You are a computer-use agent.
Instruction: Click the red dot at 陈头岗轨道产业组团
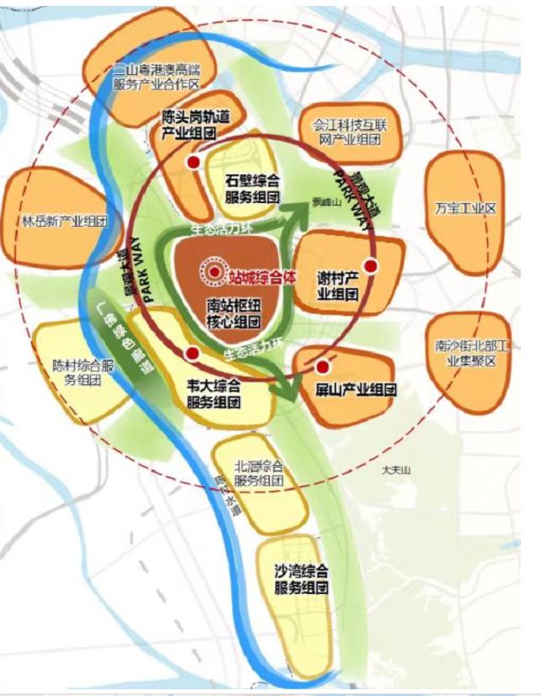pos(193,162)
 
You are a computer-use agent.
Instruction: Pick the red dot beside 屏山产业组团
pos(322,367)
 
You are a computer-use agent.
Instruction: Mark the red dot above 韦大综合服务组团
pos(193,354)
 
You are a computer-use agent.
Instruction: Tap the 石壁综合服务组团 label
pos(252,189)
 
